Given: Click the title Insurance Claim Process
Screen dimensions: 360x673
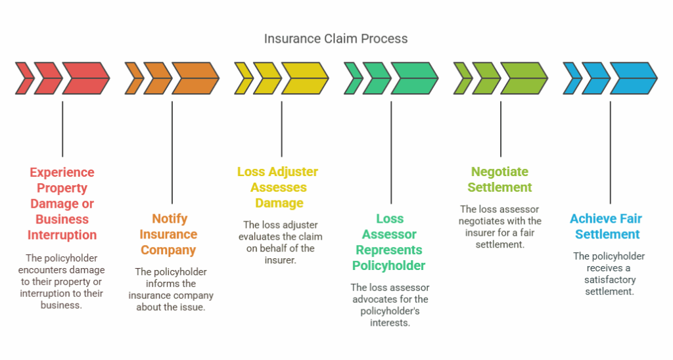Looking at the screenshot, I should point(336,39).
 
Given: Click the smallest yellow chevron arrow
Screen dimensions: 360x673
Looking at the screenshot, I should point(243,78).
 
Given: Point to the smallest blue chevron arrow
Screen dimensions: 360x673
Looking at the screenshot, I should point(572,78).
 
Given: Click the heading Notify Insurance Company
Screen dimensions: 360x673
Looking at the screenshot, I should point(170,235).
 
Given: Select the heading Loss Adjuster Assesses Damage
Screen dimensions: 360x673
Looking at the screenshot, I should point(277,187).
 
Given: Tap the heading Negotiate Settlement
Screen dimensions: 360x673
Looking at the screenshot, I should point(499,179).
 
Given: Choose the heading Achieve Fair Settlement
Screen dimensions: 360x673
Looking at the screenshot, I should point(605,227).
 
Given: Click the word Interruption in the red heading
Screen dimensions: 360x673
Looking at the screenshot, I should point(62,235).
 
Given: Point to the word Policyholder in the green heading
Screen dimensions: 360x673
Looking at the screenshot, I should point(388,266).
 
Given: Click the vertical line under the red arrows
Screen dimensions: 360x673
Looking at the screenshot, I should point(62,128).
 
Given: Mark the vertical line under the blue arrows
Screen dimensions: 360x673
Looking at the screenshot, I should point(610,151).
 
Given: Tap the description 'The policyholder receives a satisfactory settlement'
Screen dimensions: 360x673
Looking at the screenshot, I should point(609,274).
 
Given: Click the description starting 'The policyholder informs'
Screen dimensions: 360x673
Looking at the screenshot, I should point(170,289).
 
